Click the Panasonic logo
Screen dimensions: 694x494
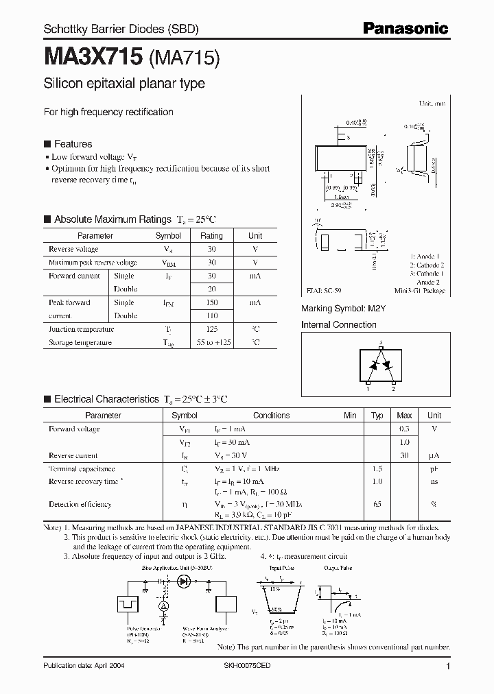(405, 28)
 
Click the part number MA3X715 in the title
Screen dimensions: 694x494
(93, 57)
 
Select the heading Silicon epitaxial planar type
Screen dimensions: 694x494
(124, 84)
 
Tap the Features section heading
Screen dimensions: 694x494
(73, 144)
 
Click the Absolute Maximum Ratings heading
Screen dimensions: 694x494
(112, 219)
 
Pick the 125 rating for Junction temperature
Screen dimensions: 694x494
(211, 329)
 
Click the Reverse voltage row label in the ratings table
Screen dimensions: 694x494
(73, 250)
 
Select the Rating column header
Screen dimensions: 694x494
(211, 235)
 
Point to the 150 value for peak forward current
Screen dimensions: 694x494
(211, 302)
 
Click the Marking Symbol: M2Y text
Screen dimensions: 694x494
(344, 309)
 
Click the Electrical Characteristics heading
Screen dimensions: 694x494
(106, 399)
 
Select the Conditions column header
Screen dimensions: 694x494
(271, 416)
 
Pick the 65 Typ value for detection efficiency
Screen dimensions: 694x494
(377, 505)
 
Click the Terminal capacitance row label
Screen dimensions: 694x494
(82, 469)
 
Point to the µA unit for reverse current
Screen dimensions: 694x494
(434, 456)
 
